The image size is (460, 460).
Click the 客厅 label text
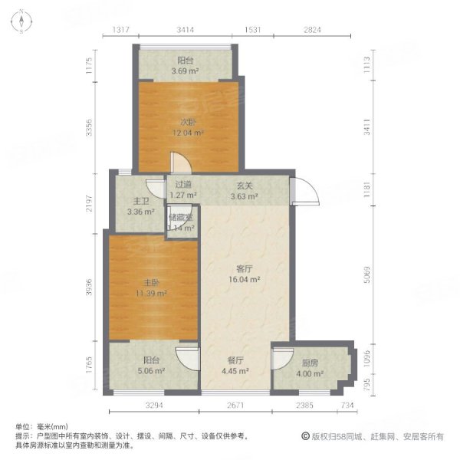tap(245, 269)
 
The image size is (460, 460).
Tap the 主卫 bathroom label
tap(132, 202)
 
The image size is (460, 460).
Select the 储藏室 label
tap(181, 218)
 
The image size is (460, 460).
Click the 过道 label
tap(182, 185)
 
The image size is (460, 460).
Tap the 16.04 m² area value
tap(245, 281)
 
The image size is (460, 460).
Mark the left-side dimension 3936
tap(89, 285)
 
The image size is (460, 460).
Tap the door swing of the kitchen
tap(281, 359)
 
